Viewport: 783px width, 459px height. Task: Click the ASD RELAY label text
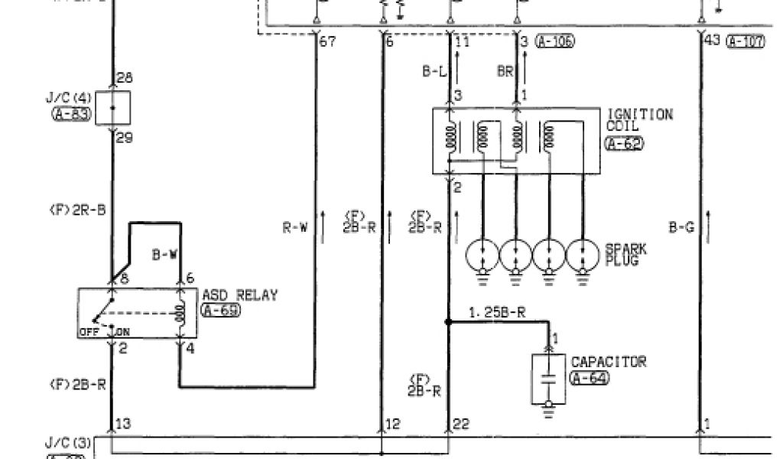pos(240,295)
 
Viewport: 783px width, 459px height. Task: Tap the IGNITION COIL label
pos(639,121)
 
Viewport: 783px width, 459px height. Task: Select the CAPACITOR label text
pos(608,361)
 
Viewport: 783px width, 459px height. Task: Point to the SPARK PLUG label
pos(625,255)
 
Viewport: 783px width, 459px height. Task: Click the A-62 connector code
pos(624,143)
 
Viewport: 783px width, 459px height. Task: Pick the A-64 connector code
pos(590,377)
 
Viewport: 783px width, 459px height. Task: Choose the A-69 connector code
pos(220,310)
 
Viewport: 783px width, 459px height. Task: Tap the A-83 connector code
pos(72,115)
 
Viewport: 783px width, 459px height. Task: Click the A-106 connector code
pos(555,41)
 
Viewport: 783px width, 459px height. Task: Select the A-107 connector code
pos(745,41)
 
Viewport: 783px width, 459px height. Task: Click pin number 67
pos(327,41)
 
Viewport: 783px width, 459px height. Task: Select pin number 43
pos(712,40)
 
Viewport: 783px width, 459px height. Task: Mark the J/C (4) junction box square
pos(112,107)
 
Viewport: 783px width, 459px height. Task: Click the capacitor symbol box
pos(548,378)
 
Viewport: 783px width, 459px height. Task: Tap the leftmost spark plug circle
pos(483,254)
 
